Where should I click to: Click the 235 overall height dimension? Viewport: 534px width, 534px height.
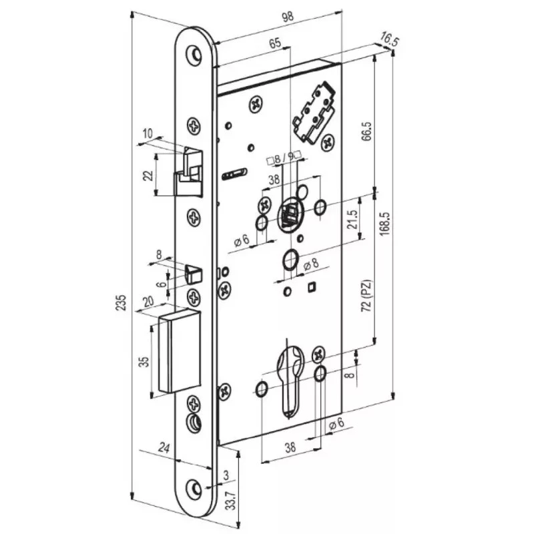click(x=121, y=302)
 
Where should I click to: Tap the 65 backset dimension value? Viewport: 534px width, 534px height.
click(x=275, y=43)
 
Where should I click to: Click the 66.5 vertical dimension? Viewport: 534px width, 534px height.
click(x=367, y=131)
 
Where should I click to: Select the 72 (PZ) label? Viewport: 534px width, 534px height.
click(x=367, y=296)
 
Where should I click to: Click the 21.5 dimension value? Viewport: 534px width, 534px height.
click(x=352, y=220)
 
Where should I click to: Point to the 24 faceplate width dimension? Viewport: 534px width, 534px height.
click(x=164, y=448)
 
